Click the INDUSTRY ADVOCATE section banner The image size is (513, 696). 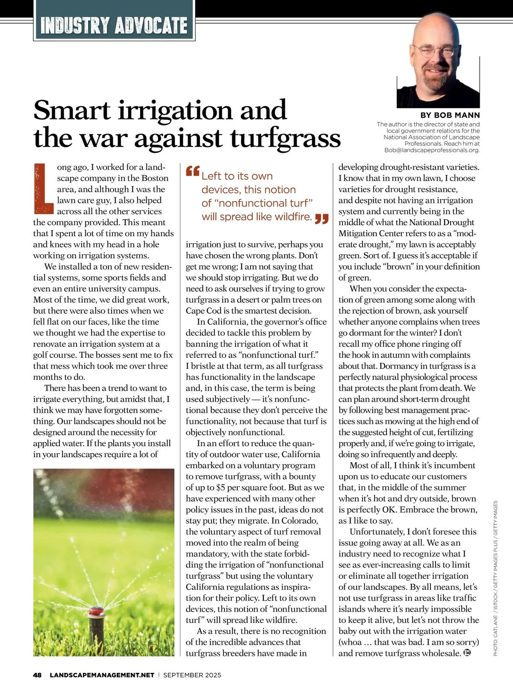click(114, 25)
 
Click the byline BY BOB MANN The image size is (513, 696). click(450, 115)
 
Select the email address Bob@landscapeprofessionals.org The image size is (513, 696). click(432, 150)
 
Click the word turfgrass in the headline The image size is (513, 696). click(286, 138)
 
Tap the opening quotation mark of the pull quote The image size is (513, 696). click(193, 172)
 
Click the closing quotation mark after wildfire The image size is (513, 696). click(321, 219)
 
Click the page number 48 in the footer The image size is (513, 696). click(37, 675)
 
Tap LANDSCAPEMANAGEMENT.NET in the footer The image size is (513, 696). click(102, 675)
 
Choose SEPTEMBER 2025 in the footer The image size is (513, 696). click(192, 675)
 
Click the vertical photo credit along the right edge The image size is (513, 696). click(496, 578)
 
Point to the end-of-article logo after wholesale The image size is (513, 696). click(467, 653)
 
